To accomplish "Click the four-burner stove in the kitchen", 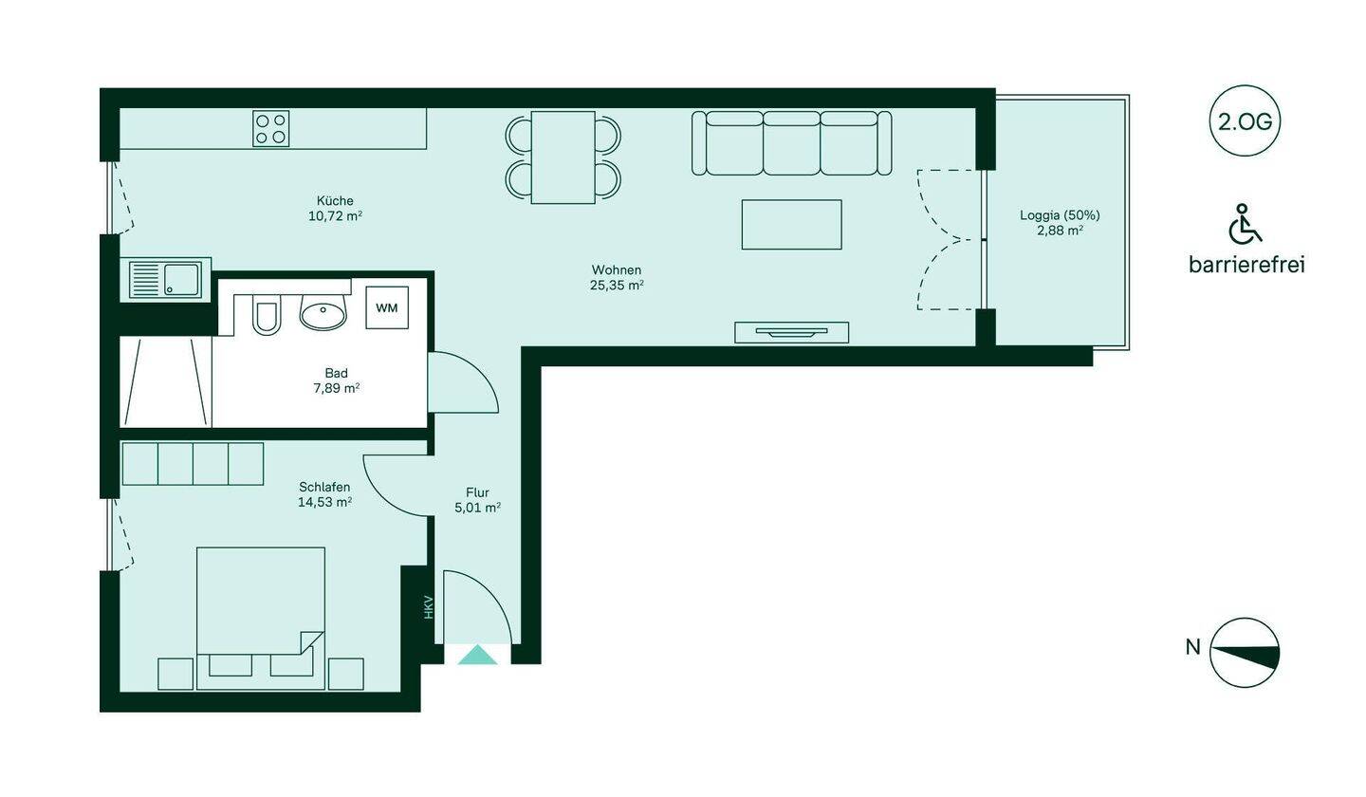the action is tap(270, 129).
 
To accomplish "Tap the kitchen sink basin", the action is tap(182, 280).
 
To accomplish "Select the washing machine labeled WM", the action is tap(387, 307).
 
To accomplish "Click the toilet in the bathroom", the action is tap(267, 315).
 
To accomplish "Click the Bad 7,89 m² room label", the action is tap(336, 380).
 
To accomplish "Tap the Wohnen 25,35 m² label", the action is tap(617, 277).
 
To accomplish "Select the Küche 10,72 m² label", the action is tap(335, 208).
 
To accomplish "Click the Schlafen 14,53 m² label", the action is tap(324, 494).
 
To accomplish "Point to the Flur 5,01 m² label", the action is tap(477, 500).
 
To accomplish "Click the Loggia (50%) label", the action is tap(1060, 215).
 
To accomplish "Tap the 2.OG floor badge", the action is tap(1245, 121).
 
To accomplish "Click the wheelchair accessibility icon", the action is tap(1245, 224).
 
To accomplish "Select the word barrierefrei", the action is tap(1246, 265).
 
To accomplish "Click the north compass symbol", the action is tap(1244, 653).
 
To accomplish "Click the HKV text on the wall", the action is tap(428, 607).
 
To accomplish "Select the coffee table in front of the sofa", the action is tap(791, 225).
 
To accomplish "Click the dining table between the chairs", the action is tap(563, 158).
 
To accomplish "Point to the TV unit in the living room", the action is tap(791, 332).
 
